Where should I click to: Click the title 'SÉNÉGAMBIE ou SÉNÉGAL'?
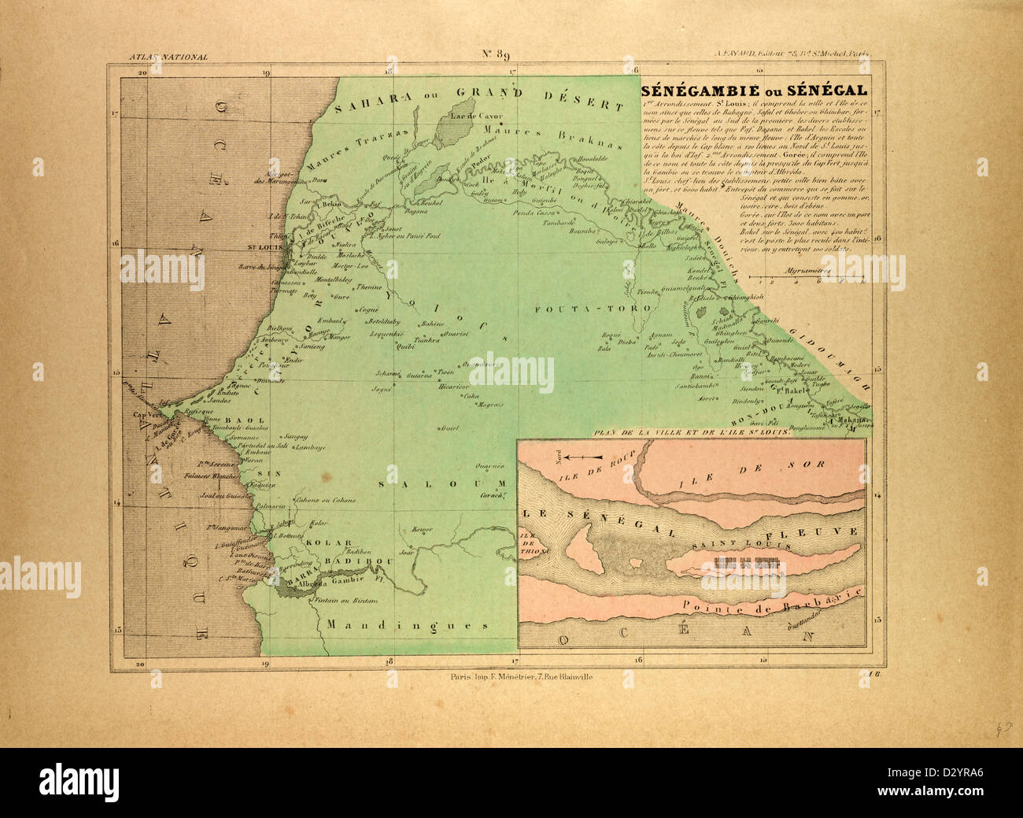[754, 90]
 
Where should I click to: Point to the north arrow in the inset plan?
[583, 457]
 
